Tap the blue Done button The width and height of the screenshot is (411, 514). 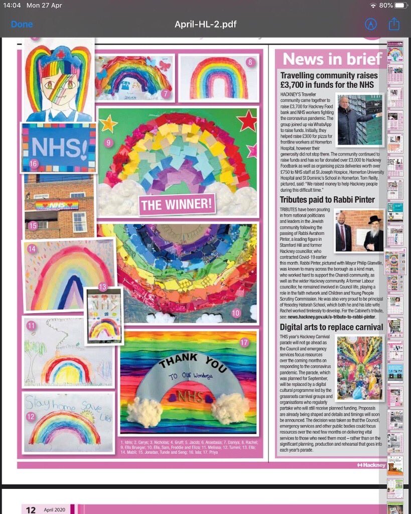(x=22, y=24)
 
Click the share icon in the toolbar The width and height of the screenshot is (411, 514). (x=394, y=24)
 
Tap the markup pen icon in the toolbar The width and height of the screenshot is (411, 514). (x=371, y=24)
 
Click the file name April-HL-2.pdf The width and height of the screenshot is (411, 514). (x=205, y=24)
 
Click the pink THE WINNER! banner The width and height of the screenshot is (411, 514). (x=177, y=204)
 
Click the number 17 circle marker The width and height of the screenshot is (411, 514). (x=244, y=343)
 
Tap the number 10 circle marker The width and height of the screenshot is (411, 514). (x=236, y=314)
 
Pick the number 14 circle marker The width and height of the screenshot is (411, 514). (x=32, y=248)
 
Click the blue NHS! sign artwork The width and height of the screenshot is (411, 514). (x=59, y=148)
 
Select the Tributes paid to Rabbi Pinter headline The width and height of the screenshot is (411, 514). (x=327, y=199)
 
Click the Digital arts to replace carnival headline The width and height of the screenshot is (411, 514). (x=332, y=327)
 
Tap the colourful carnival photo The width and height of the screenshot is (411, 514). (x=360, y=368)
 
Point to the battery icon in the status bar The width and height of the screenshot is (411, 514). (x=401, y=6)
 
